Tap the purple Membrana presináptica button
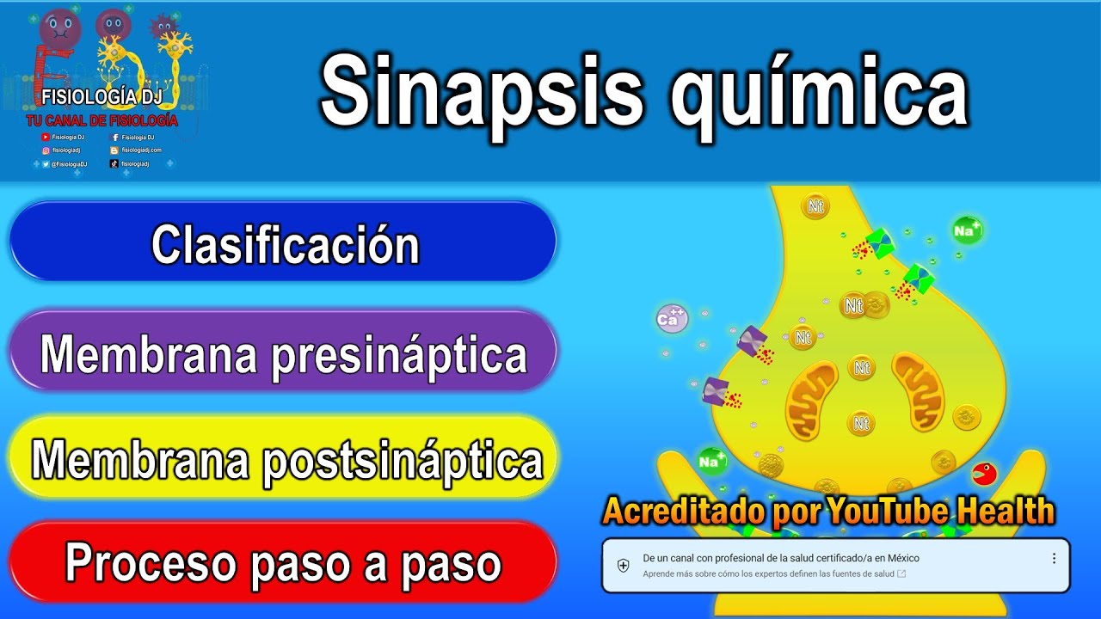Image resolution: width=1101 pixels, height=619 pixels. pyautogui.click(x=284, y=353)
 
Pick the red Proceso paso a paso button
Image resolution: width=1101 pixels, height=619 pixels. pyautogui.click(x=284, y=564)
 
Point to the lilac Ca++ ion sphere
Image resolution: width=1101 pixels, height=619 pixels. pyautogui.click(x=671, y=319)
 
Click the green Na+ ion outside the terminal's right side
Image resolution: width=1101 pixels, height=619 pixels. pyautogui.click(x=967, y=230)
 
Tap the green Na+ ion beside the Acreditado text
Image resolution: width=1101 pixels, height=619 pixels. pyautogui.click(x=710, y=462)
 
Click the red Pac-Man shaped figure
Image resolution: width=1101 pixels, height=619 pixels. pyautogui.click(x=983, y=474)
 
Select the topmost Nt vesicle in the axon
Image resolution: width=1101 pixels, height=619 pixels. pyautogui.click(x=815, y=205)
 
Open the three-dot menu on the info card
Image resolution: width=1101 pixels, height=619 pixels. pyautogui.click(x=1054, y=559)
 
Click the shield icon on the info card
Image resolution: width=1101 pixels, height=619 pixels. pyautogui.click(x=624, y=565)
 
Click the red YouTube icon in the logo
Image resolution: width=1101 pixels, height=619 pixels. pyautogui.click(x=46, y=137)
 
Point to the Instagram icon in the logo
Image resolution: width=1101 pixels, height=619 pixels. pyautogui.click(x=46, y=150)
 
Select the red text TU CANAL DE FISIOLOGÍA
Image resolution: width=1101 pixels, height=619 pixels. pyautogui.click(x=101, y=121)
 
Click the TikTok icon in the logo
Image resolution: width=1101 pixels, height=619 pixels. pyautogui.click(x=114, y=163)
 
